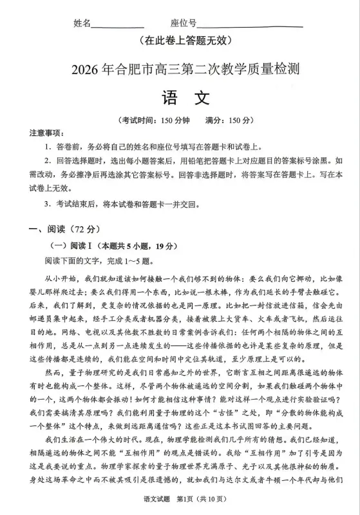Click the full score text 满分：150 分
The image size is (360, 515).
coord(229,121)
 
